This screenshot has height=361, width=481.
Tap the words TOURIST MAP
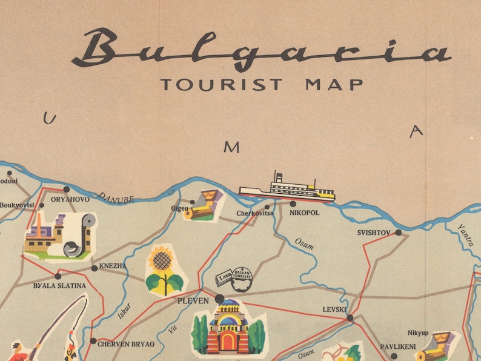(x=262, y=84)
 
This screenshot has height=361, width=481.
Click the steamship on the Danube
(x=287, y=188)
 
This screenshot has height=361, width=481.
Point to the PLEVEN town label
(x=192, y=300)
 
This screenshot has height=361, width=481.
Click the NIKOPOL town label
(x=305, y=213)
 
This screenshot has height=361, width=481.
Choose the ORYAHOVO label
(x=70, y=199)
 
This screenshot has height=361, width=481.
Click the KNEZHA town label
(x=113, y=266)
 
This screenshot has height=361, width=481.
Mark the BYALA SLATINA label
(x=59, y=285)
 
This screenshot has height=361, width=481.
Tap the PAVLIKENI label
(x=397, y=347)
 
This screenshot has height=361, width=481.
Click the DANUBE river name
(x=115, y=198)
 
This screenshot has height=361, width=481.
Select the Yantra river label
(x=465, y=233)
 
